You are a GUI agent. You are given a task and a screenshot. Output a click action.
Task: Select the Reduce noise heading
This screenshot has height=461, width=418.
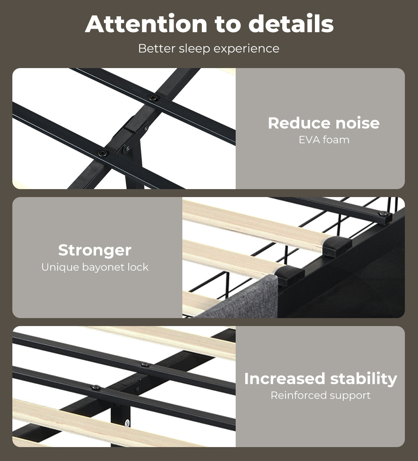[x=324, y=123]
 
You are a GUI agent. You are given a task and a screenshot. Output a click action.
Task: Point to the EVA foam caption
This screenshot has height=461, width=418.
[x=324, y=140]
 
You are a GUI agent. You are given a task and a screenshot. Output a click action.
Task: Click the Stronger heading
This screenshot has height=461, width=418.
[x=95, y=250]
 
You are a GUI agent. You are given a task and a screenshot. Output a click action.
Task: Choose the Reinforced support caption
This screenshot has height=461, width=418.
[x=320, y=395]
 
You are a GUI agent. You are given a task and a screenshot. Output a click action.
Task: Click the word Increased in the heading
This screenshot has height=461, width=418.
[x=285, y=379]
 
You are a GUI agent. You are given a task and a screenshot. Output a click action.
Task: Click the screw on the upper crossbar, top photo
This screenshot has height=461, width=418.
[x=152, y=98]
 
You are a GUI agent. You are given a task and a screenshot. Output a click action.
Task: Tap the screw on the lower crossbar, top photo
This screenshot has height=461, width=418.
[x=103, y=153]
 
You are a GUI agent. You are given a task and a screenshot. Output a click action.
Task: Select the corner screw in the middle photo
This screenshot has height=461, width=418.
[x=383, y=214]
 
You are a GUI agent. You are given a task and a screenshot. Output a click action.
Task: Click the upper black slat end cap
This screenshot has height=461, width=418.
[x=337, y=246]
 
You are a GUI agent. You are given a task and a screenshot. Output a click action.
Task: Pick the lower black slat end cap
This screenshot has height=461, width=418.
[x=290, y=276]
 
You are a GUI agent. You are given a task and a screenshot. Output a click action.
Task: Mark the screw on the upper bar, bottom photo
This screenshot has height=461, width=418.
[x=145, y=365]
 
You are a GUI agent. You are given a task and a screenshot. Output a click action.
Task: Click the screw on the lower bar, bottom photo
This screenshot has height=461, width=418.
[x=96, y=387]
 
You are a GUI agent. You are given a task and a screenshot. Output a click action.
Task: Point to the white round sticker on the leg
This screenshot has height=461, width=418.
[x=127, y=423]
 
